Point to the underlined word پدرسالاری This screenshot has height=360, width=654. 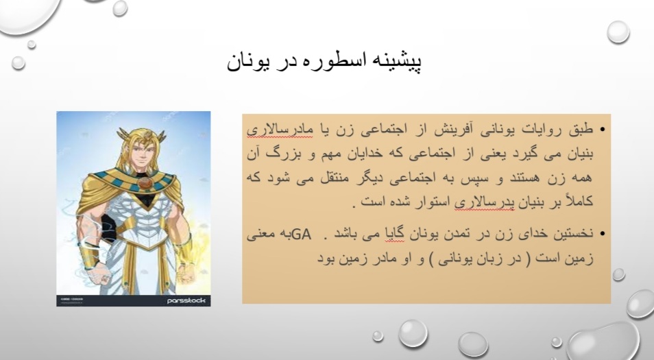coord(484,202)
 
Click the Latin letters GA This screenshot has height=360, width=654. coord(302,235)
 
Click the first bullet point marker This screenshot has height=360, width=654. coord(602,130)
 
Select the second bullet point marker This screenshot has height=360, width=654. coord(602,234)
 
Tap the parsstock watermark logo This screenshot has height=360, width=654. coord(186,300)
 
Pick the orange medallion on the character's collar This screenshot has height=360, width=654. coord(145,184)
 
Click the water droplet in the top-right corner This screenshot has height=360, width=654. coord(618,32)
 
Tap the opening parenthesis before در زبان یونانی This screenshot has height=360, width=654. coord(529,259)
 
